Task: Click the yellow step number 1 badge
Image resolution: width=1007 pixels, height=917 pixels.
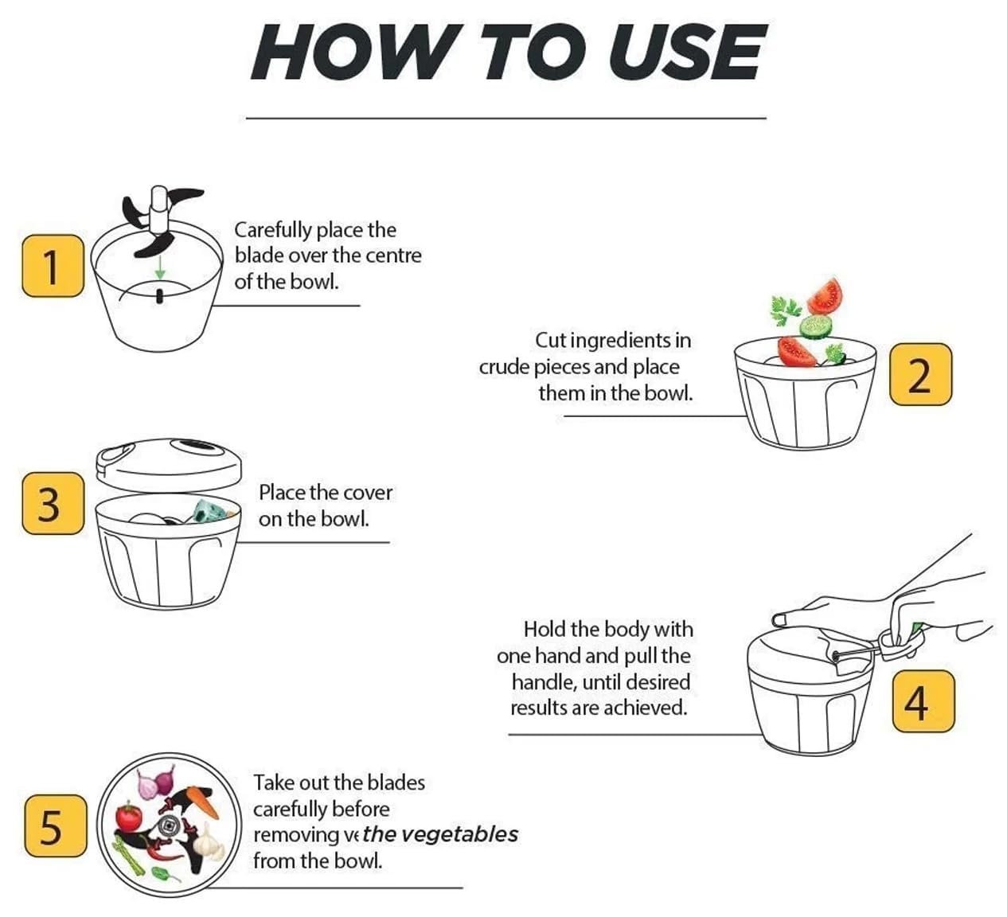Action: pyautogui.click(x=53, y=266)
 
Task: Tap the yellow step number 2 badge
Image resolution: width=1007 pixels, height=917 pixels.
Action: pyautogui.click(x=920, y=374)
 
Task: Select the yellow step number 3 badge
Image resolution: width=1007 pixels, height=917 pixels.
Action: pyautogui.click(x=53, y=503)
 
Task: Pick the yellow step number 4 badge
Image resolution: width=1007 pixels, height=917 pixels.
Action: pyautogui.click(x=923, y=701)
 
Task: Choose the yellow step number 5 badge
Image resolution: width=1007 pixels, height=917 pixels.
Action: pyautogui.click(x=55, y=825)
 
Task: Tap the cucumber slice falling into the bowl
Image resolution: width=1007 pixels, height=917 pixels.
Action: pyautogui.click(x=816, y=326)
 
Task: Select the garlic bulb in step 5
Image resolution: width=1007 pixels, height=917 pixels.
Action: pyautogui.click(x=208, y=840)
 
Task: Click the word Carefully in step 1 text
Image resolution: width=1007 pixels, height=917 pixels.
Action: pyautogui.click(x=273, y=231)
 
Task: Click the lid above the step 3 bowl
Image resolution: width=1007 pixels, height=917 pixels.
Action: pyautogui.click(x=169, y=465)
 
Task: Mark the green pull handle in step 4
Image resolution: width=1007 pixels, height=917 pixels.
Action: pyautogui.click(x=915, y=630)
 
